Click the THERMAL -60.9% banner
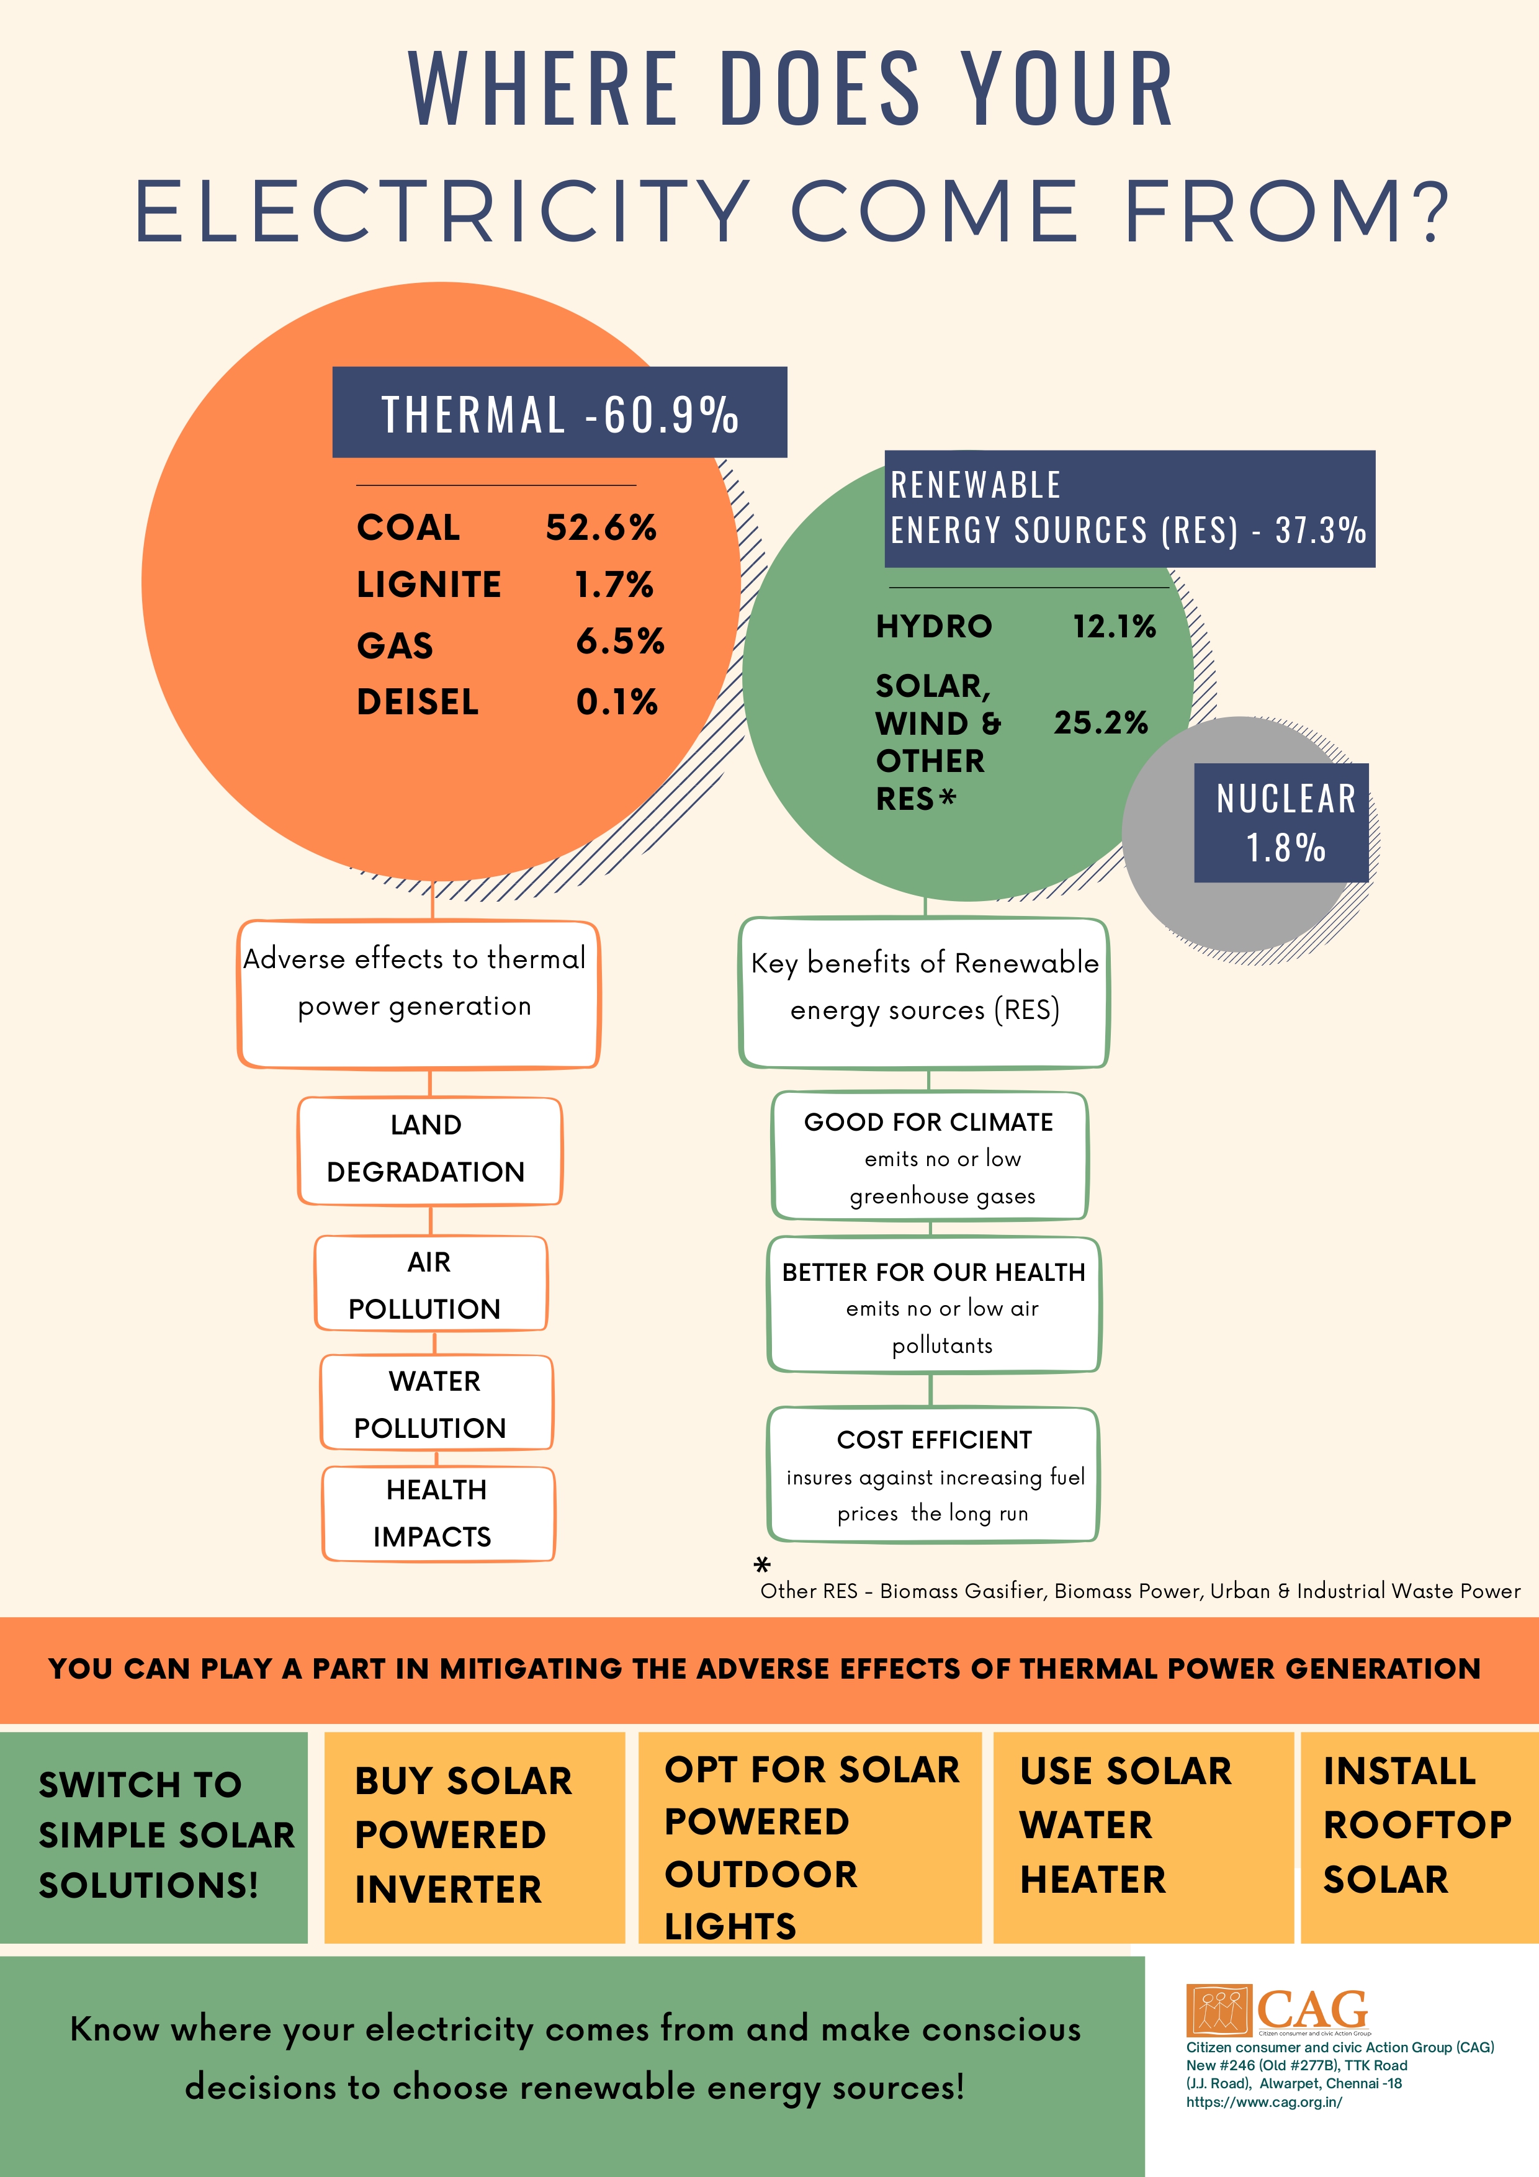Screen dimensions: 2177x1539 pos(560,413)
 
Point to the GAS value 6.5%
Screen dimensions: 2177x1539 pos(619,642)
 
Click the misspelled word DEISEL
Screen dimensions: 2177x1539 pos(417,702)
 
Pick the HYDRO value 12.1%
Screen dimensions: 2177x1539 pos(1114,627)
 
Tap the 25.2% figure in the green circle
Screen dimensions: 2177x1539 pos(1100,722)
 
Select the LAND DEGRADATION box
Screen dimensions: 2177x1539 pos(429,1149)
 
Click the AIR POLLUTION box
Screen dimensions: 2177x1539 pos(431,1285)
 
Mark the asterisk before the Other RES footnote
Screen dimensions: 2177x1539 pos(761,1564)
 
